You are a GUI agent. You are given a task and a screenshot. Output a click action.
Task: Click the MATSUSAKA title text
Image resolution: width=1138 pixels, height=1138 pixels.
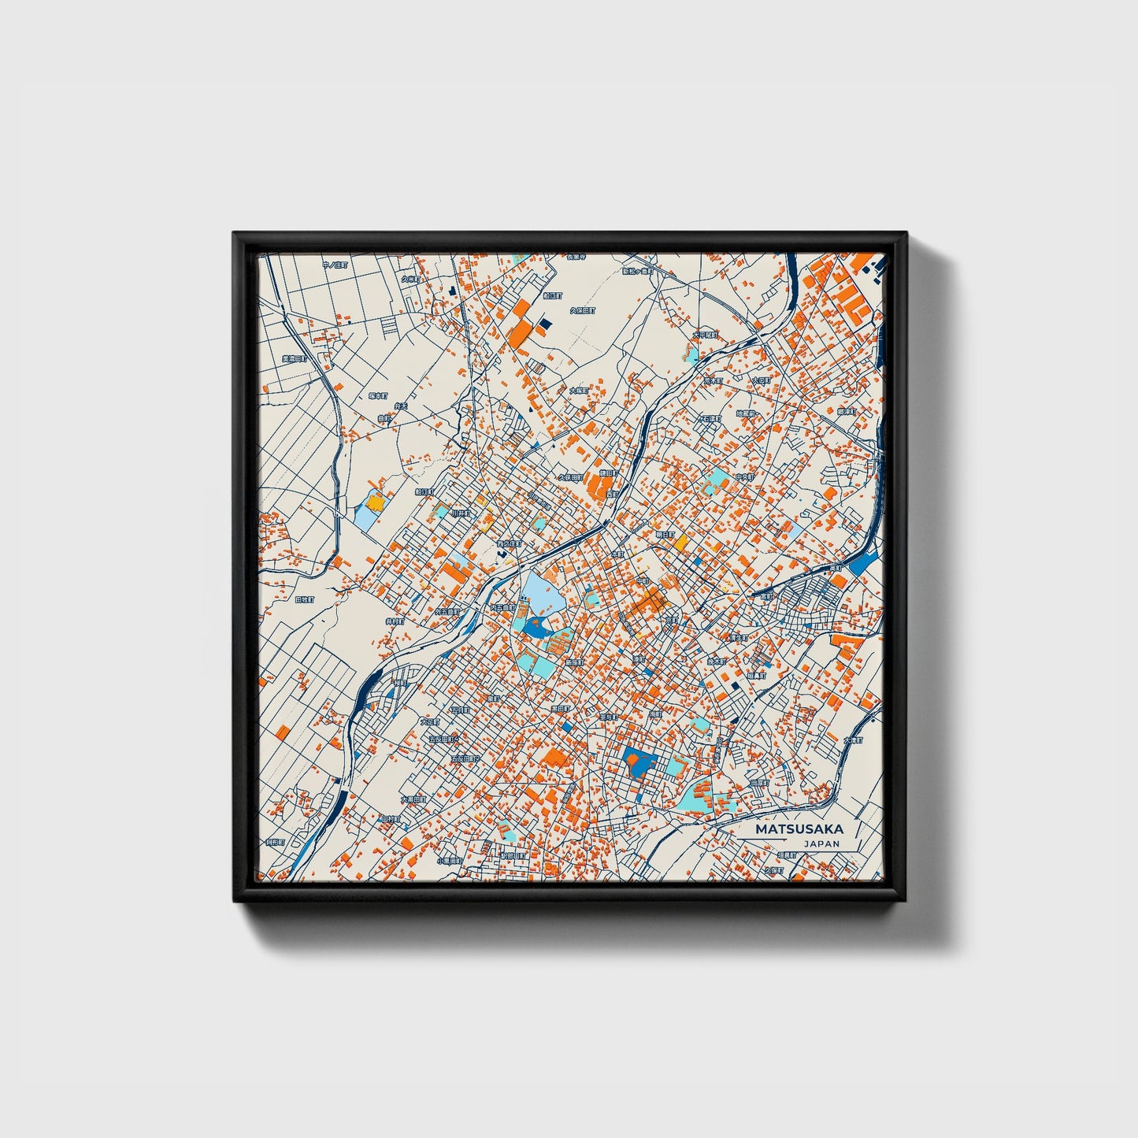tap(799, 829)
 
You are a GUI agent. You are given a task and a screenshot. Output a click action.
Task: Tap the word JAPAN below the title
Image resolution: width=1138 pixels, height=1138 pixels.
tap(821, 843)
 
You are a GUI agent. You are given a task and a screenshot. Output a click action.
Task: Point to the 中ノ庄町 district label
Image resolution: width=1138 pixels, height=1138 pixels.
tap(334, 265)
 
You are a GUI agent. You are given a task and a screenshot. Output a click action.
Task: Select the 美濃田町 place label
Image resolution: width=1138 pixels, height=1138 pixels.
tap(295, 359)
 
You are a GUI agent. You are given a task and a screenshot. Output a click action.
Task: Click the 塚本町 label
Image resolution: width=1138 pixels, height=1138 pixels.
tap(379, 396)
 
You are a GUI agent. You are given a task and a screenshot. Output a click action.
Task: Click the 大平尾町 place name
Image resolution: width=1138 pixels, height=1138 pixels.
tap(705, 335)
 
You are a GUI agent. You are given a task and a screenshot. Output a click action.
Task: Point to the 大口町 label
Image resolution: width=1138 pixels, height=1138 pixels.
tap(760, 380)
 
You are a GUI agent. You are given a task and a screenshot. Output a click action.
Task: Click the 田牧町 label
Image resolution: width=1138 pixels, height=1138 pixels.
tap(304, 599)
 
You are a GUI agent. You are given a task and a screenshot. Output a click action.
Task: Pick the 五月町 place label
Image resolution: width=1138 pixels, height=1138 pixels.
tap(459, 710)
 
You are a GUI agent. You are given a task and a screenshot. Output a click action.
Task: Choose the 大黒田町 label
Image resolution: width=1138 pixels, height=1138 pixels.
tap(413, 799)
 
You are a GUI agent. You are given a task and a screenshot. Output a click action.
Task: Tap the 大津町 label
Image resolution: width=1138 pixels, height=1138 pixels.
tap(853, 740)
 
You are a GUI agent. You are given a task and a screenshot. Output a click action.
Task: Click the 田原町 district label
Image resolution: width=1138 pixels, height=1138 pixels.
tap(759, 783)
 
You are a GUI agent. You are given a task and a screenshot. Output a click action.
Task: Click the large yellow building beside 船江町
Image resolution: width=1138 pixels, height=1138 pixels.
tap(376, 502)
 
